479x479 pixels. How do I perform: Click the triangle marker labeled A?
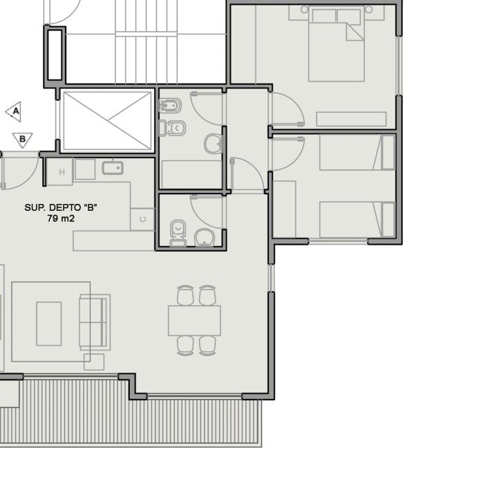coord(15,111)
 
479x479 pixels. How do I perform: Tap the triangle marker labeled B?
coord(22,140)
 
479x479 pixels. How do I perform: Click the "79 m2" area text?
coord(61,218)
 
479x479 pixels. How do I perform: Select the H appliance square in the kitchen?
coord(60,171)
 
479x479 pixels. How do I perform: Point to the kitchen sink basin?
coord(113,168)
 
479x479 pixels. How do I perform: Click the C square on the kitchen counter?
coord(142,219)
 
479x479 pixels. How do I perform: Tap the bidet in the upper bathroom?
coord(170,106)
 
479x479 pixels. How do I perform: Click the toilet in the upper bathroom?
coord(173,128)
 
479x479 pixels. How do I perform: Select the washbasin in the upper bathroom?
coord(214,144)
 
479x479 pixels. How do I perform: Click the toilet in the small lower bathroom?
coord(178,233)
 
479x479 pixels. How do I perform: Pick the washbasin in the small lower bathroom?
coord(205,237)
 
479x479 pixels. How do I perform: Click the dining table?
coord(195,321)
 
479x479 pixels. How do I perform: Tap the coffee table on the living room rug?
coord(49,323)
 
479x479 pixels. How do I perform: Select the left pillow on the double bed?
coord(323,16)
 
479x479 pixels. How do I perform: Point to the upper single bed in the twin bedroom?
coord(357,153)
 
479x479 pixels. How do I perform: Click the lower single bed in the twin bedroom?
coord(357,219)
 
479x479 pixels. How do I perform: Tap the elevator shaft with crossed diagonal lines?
coord(107,121)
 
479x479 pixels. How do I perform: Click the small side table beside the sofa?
coord(94,362)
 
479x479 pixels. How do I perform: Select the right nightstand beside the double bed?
coord(375,13)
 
